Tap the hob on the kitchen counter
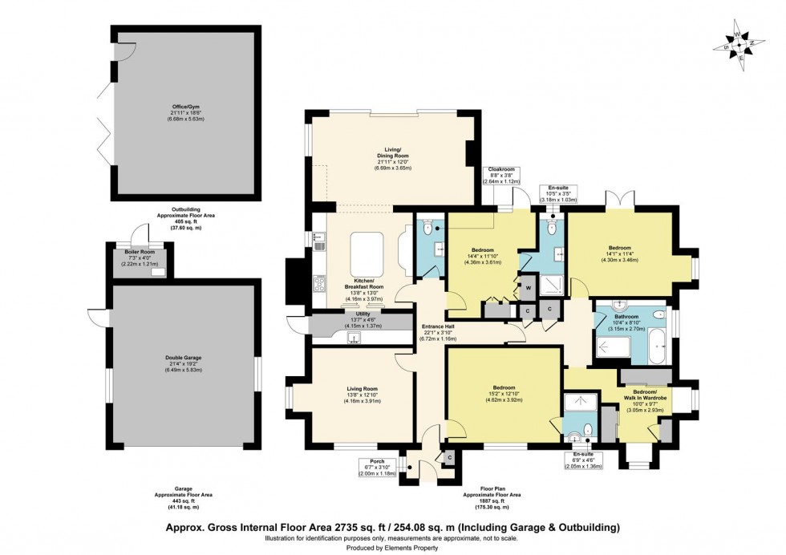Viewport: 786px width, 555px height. click(x=319, y=282)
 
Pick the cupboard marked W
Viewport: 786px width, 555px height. click(x=529, y=286)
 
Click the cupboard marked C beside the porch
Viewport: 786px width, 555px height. click(x=449, y=457)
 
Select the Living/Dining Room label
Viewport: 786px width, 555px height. click(x=388, y=156)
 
